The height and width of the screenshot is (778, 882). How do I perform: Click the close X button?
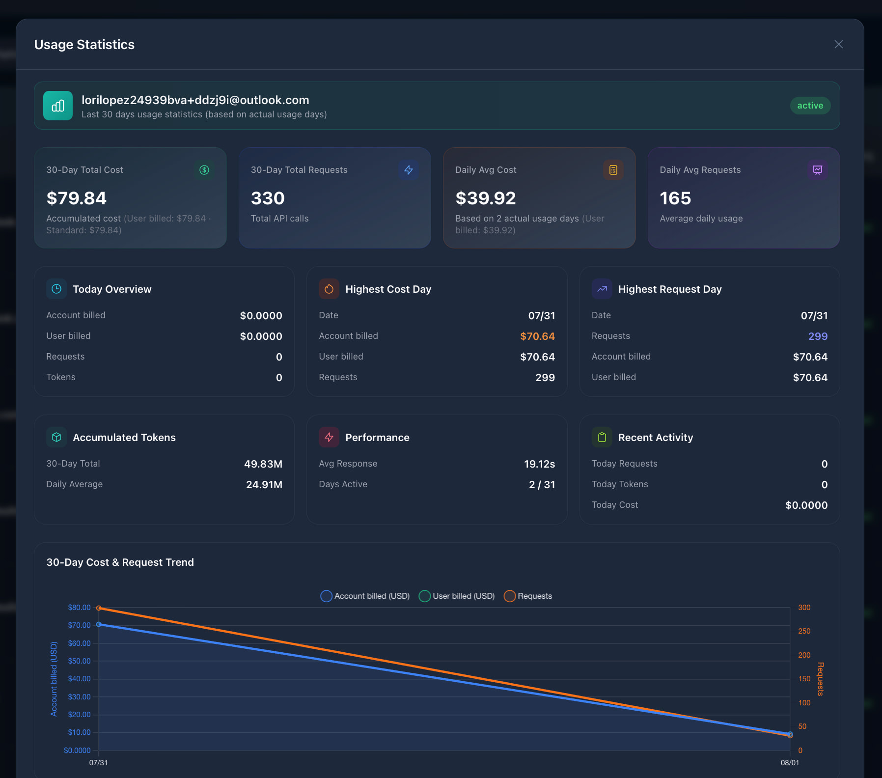point(839,44)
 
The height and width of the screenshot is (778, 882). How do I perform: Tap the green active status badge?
point(810,106)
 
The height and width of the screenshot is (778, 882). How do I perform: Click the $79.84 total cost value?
point(77,198)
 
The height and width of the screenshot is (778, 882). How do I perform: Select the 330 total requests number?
point(268,198)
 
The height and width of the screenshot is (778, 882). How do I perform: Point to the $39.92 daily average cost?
point(486,198)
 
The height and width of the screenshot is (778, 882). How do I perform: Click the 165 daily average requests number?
point(675,198)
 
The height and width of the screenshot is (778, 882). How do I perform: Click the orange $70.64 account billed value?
point(537,336)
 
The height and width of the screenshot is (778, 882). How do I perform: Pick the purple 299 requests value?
point(818,336)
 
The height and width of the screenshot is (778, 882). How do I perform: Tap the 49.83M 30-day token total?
point(263,464)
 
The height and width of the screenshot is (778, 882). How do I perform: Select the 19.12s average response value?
point(539,464)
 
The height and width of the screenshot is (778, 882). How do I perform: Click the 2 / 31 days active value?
point(542,485)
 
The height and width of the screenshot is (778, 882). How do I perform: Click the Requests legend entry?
point(528,596)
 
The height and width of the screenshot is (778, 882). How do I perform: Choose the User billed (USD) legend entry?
point(457,596)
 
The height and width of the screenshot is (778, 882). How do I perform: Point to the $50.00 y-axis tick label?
point(80,661)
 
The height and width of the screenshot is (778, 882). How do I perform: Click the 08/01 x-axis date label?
point(790,763)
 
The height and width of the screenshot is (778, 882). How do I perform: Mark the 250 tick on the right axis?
point(804,631)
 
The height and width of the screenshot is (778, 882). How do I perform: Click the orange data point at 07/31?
point(99,608)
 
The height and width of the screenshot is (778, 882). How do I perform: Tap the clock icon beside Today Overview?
point(56,289)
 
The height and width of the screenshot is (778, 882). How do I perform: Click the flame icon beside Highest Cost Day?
point(329,289)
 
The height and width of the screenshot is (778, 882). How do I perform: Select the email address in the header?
point(195,100)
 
